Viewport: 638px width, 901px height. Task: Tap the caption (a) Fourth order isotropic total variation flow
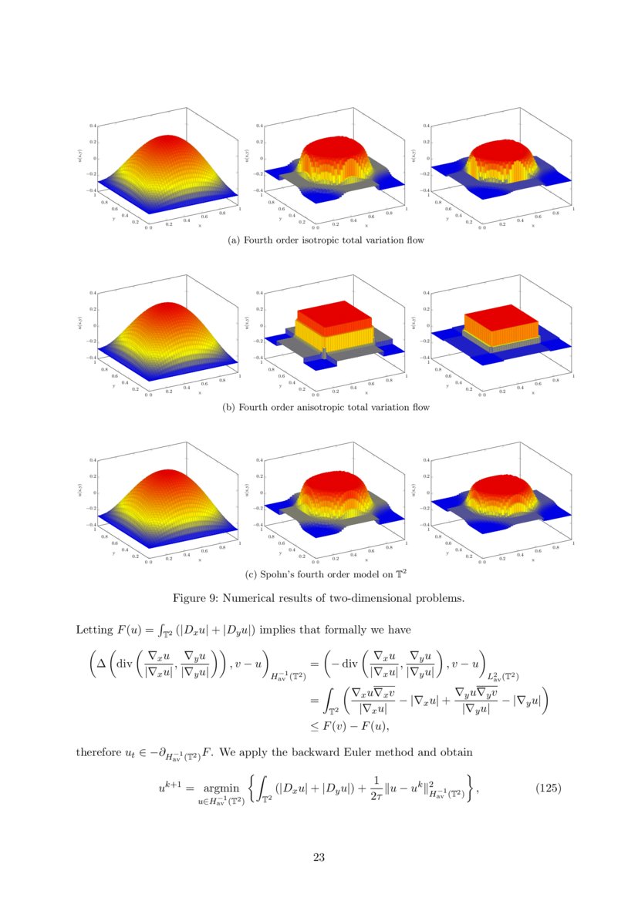pos(326,240)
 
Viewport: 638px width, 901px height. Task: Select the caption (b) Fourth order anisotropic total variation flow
pos(326,407)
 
